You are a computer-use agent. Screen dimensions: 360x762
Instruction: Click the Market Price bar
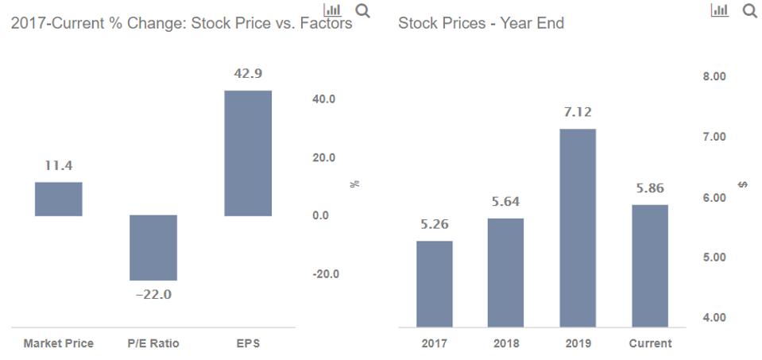58,199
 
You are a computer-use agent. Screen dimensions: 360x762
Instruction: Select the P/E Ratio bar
153,247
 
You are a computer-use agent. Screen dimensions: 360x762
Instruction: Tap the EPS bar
248,153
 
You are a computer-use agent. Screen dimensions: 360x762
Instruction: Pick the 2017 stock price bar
434,284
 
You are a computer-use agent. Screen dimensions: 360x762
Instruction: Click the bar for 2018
505,272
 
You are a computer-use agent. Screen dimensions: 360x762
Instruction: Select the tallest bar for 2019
578,227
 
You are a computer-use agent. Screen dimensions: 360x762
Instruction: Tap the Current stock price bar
650,265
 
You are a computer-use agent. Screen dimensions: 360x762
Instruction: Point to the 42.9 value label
248,73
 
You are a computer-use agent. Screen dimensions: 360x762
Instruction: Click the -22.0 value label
153,295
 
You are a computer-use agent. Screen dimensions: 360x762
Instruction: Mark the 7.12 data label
578,112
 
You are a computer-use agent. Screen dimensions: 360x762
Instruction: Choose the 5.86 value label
650,188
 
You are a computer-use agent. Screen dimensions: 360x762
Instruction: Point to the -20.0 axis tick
325,274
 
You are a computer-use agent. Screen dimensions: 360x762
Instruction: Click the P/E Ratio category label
153,343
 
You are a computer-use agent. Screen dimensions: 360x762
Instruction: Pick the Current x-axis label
650,343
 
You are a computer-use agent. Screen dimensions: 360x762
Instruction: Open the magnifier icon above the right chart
748,11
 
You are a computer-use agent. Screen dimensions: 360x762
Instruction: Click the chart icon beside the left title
333,10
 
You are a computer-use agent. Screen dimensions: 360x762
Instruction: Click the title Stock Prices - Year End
481,23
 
